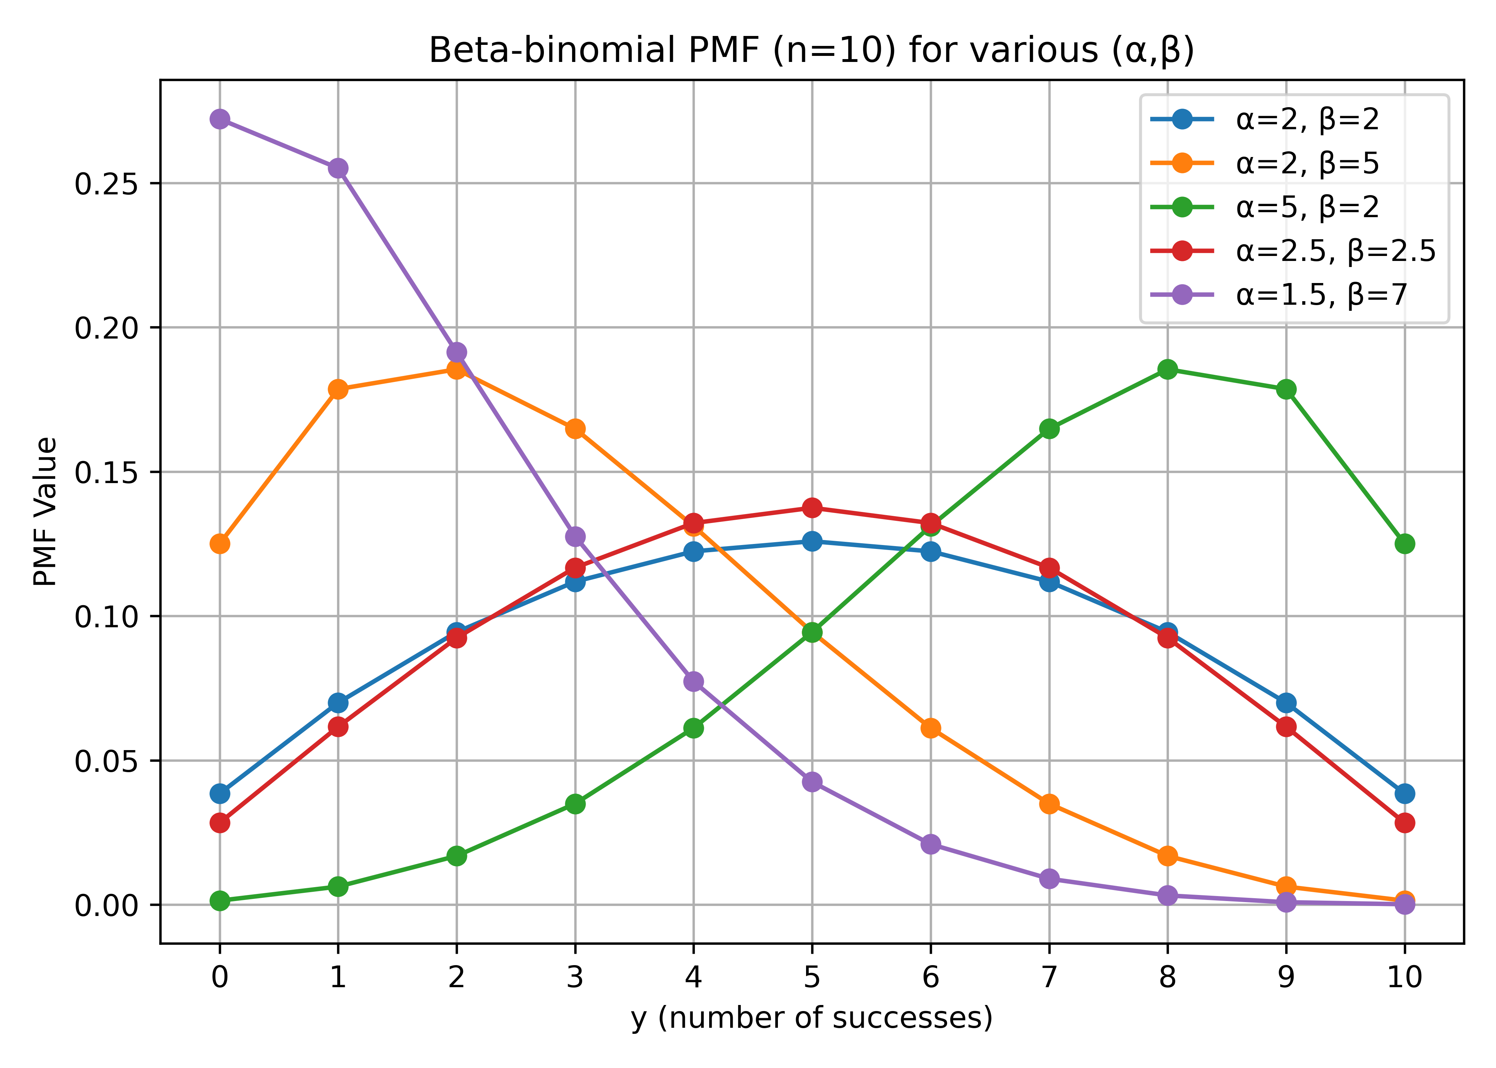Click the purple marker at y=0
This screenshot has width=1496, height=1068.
click(x=220, y=119)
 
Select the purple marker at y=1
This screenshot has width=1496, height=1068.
click(x=338, y=168)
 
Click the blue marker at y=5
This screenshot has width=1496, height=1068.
click(x=812, y=541)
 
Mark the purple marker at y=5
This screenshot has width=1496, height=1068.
click(x=812, y=782)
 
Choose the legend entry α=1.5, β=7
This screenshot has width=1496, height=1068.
click(x=1321, y=295)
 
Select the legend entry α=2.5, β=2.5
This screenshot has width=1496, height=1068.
click(x=1335, y=251)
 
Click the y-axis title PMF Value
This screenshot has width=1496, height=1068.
click(x=46, y=512)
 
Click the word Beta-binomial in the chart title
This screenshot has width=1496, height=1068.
click(x=551, y=51)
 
